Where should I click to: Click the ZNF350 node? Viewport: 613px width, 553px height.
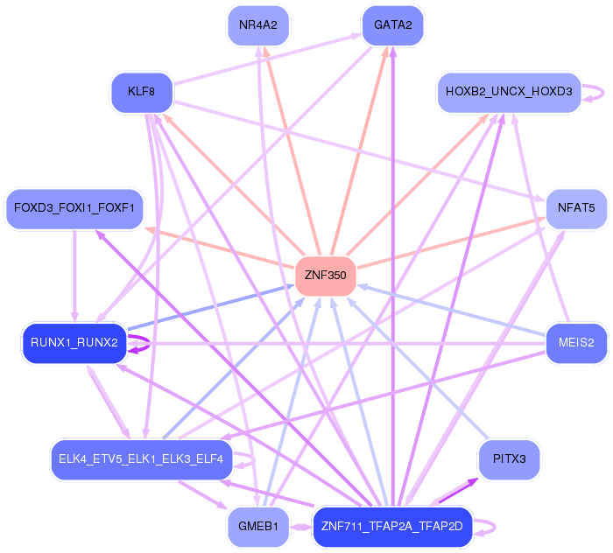pos(326,276)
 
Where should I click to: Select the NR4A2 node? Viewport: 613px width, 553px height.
pos(258,25)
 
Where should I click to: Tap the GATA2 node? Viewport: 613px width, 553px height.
pos(393,25)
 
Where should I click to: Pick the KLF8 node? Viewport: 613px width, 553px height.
pos(142,92)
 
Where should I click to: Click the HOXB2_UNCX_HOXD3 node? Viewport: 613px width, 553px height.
pos(509,92)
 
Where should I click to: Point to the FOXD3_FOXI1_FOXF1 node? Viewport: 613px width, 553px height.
pos(74,208)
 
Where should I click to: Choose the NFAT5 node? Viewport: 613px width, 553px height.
pos(576,208)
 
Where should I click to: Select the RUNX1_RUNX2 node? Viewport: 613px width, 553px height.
pos(74,343)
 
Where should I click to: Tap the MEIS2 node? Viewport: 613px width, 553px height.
pos(576,343)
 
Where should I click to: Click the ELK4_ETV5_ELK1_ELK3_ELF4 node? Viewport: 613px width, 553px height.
pos(142,459)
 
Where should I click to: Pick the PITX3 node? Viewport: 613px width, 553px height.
pos(509,459)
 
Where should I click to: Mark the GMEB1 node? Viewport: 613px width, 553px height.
pos(258,527)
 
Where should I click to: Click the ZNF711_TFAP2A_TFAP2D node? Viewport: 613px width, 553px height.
pos(393,527)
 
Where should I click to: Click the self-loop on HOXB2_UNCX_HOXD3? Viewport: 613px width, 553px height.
pos(603,93)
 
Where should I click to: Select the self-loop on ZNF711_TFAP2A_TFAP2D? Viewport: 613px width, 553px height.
pos(495,528)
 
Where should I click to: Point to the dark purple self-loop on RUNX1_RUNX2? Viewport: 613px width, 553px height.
pos(149,344)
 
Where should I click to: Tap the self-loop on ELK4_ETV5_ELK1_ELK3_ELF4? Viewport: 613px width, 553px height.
pos(255,460)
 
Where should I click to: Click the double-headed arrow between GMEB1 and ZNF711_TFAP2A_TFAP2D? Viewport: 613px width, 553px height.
pos(301,528)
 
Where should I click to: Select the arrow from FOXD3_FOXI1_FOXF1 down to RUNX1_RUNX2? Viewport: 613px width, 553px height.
pos(74,276)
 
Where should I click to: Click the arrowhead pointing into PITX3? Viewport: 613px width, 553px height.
pos(472,482)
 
